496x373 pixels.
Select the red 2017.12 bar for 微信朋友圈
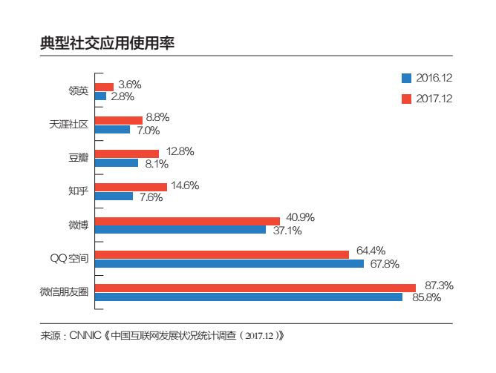pos(255,287)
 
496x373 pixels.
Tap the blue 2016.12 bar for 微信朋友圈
pos(249,297)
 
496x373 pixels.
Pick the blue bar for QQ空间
pos(229,264)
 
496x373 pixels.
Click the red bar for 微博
pos(187,220)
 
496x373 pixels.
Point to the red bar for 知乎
pos(131,187)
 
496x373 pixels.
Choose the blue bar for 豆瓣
pos(117,163)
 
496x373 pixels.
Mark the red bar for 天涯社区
pos(119,119)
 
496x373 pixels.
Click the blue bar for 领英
pos(101,96)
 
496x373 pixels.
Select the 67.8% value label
pos(383,264)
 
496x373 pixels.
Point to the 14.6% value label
pos(185,185)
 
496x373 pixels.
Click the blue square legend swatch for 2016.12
pos(406,77)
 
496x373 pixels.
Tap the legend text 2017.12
pos(434,99)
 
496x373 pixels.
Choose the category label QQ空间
pos(68,258)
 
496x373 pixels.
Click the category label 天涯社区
pos(68,125)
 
